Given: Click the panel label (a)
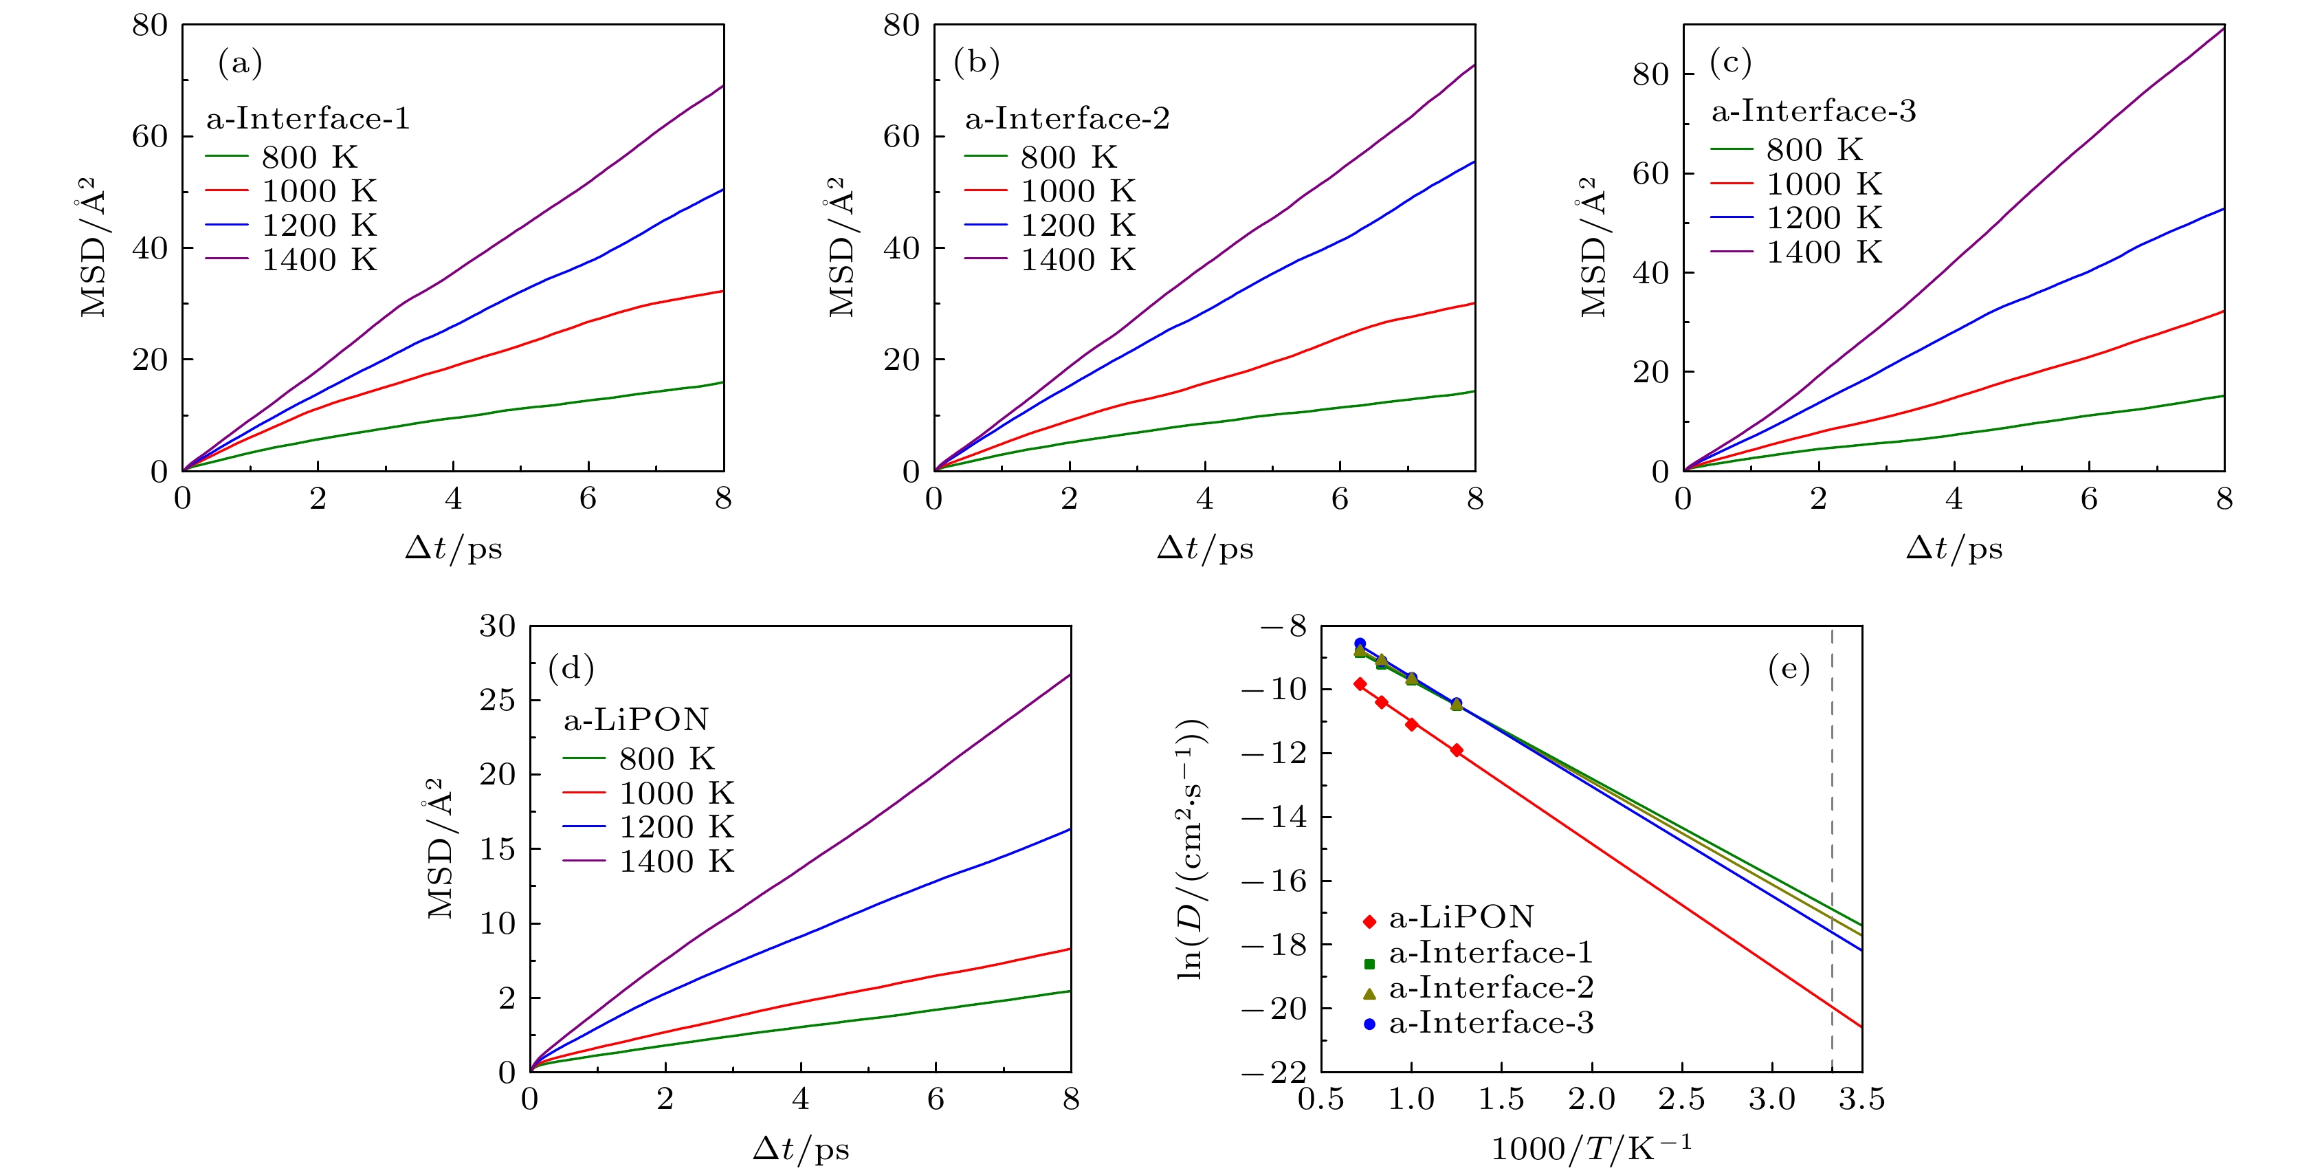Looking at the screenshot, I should (x=239, y=63).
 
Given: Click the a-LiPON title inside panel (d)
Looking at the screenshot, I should (x=636, y=720).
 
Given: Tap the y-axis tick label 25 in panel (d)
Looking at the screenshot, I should (x=497, y=700).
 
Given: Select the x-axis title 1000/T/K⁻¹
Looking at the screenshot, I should (x=1591, y=1148).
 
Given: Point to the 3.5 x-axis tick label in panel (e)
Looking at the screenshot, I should (x=1861, y=1099).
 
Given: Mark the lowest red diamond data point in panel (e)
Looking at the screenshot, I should (x=1457, y=751).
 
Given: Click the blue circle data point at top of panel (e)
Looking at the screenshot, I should (x=1360, y=644).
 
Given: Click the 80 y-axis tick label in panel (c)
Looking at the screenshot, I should (x=1650, y=74).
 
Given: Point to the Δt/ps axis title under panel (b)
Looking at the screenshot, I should (x=1204, y=548).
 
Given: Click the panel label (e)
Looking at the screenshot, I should (x=1789, y=669).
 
